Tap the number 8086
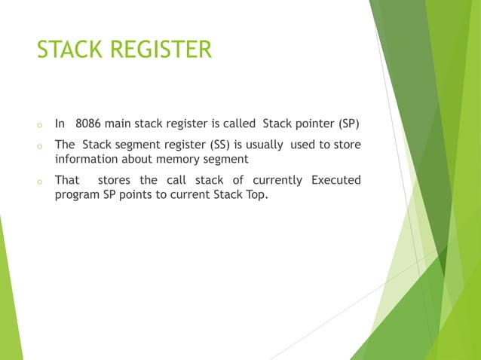coord(90,124)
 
